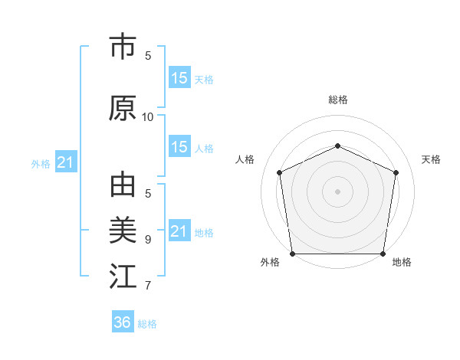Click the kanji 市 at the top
[123, 47]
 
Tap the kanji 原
[123, 108]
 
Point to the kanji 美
[123, 231]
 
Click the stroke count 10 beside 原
[148, 117]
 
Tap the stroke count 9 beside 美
[148, 240]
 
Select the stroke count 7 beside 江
[148, 286]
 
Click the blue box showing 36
[123, 322]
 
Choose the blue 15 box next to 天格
[179, 78]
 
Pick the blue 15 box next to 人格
[179, 147]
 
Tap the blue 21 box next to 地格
[179, 231]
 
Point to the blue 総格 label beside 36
[147, 324]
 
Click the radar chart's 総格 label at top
[337, 100]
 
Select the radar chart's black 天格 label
[431, 159]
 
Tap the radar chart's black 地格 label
[402, 262]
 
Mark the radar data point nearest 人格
[279, 172]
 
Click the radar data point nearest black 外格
[292, 254]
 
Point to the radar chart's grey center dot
[337, 191]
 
